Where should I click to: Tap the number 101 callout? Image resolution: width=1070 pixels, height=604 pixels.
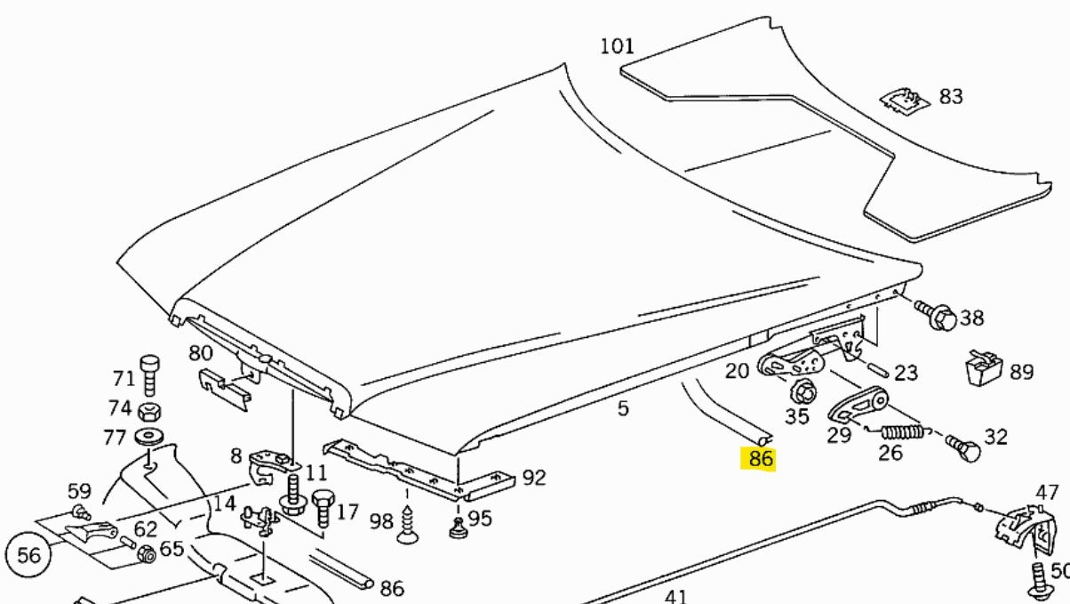[x=617, y=46]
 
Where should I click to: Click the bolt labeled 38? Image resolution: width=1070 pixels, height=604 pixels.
[x=937, y=314]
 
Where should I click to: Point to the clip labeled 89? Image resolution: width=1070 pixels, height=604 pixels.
[x=983, y=367]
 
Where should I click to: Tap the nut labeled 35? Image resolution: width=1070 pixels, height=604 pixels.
[x=802, y=391]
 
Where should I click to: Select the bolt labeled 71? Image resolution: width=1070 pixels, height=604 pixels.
[x=149, y=376]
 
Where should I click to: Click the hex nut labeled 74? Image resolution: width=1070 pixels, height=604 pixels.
[x=149, y=411]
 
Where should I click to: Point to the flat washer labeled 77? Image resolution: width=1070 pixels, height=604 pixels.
[x=148, y=438]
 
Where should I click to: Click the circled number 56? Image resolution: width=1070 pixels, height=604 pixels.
[x=29, y=556]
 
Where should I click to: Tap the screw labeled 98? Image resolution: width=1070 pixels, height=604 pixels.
[x=409, y=524]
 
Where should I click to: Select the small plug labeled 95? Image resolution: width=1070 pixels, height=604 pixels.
[x=458, y=528]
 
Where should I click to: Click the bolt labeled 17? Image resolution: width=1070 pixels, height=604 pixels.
[x=322, y=509]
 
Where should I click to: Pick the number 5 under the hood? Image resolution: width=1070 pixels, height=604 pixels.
[x=623, y=408]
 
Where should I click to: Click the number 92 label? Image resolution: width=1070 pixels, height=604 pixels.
[x=533, y=478]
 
